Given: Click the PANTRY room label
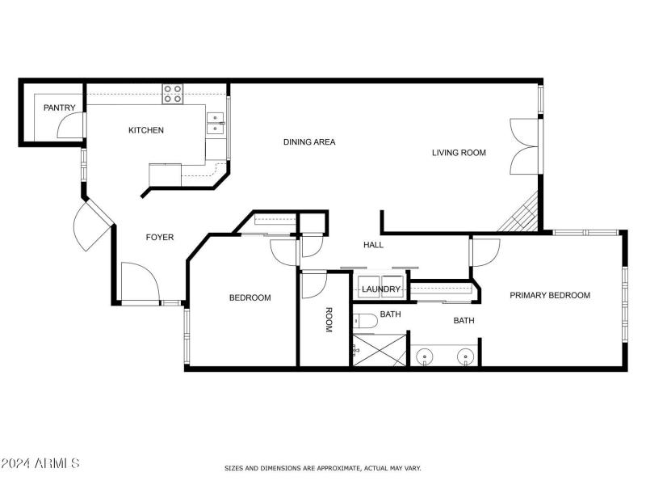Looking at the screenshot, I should tap(60, 108).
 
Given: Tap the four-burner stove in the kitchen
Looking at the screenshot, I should tap(173, 95).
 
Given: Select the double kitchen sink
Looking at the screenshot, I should tap(215, 122).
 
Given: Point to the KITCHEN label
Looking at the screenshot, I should tap(146, 130).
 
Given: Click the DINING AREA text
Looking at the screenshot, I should tap(308, 142).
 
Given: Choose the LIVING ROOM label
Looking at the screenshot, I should tap(459, 152).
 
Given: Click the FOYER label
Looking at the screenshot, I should tap(159, 237).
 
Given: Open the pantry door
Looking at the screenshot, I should tap(74, 124).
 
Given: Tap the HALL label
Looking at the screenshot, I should tap(373, 245).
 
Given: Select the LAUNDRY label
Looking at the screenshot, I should tap(381, 289).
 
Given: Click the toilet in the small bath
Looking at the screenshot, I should tap(365, 321).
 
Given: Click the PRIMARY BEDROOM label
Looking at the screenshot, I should tap(549, 295).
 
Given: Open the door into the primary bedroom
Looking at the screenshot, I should tap(483, 252).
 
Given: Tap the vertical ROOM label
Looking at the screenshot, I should tap(329, 321).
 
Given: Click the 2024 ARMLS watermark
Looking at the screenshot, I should tap(40, 463).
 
